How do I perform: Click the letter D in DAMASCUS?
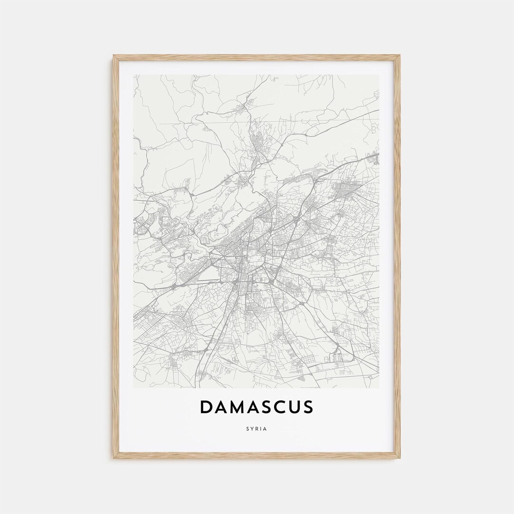point(207,407)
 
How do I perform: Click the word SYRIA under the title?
point(257,429)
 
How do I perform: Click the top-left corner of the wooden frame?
point(114,56)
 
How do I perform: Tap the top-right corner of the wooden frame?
point(399,56)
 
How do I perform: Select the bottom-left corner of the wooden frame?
point(114,458)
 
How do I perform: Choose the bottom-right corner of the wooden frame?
point(399,458)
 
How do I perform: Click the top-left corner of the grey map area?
point(134,75)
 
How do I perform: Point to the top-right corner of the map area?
point(379,75)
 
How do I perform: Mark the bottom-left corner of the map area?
point(134,387)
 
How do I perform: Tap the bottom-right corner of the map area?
point(379,387)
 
